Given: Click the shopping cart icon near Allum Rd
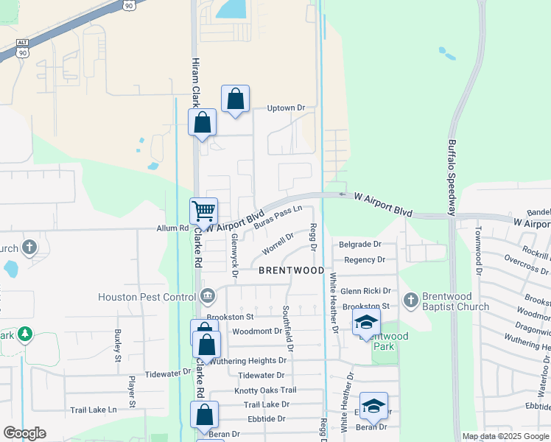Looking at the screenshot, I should (x=203, y=210).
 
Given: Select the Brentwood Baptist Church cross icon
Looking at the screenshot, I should (x=411, y=300).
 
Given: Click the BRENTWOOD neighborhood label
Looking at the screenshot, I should (x=292, y=270).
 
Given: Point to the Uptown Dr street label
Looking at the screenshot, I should (x=286, y=108).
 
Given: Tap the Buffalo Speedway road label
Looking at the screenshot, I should (x=453, y=177).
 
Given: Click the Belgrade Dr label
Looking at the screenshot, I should (x=360, y=244).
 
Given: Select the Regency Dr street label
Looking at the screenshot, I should (x=365, y=259).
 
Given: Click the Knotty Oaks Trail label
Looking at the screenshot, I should (x=265, y=390).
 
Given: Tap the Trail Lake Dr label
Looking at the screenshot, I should (x=267, y=404).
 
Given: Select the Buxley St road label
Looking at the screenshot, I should (x=117, y=346).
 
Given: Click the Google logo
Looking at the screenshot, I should (x=24, y=433).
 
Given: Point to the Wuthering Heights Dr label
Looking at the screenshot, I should (x=248, y=361).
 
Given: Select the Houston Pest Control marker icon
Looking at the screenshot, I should (x=208, y=296).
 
